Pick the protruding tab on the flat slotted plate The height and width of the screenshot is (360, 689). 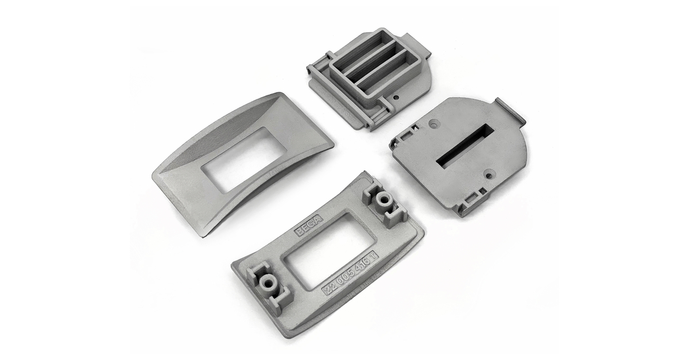pos(509,111)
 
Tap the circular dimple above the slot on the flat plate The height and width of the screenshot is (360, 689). pos(434,122)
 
